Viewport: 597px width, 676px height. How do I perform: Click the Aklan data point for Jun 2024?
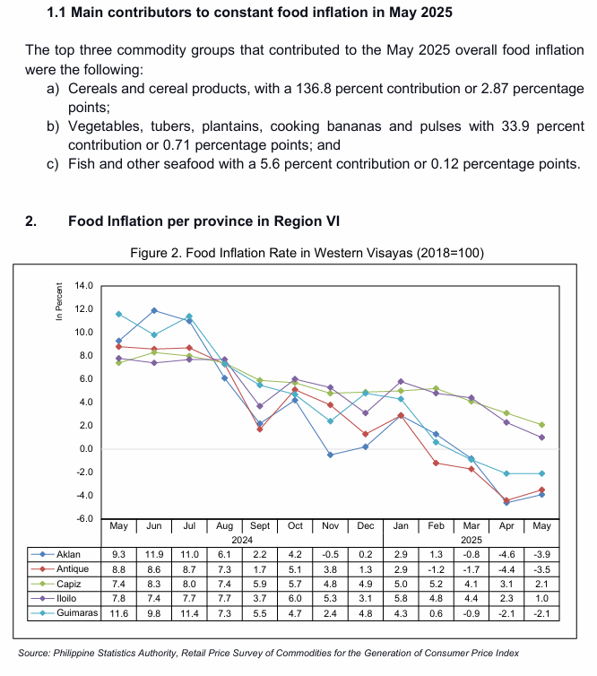(154, 310)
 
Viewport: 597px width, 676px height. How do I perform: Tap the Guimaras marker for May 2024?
(118, 314)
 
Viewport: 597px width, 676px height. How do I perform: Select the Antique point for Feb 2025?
(436, 463)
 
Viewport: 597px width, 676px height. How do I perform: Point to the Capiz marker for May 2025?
(541, 425)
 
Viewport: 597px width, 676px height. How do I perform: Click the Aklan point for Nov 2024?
(330, 455)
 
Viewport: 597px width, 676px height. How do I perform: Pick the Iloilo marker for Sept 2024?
(259, 406)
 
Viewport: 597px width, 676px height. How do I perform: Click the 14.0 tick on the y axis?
(83, 285)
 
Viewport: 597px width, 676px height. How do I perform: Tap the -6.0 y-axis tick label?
(83, 518)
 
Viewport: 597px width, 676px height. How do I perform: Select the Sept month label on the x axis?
(259, 526)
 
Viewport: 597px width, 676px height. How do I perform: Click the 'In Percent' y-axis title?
(59, 301)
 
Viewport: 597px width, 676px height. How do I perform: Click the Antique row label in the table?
(73, 569)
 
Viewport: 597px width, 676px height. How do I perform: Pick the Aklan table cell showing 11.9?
(154, 554)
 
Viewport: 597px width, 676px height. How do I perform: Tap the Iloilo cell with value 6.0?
(295, 598)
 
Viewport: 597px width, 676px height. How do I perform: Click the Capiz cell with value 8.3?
(154, 584)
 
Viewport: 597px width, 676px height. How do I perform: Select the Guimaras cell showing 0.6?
(436, 613)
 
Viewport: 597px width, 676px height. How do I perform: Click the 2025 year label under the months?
(472, 540)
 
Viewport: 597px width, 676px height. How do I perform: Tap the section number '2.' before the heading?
(30, 221)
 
